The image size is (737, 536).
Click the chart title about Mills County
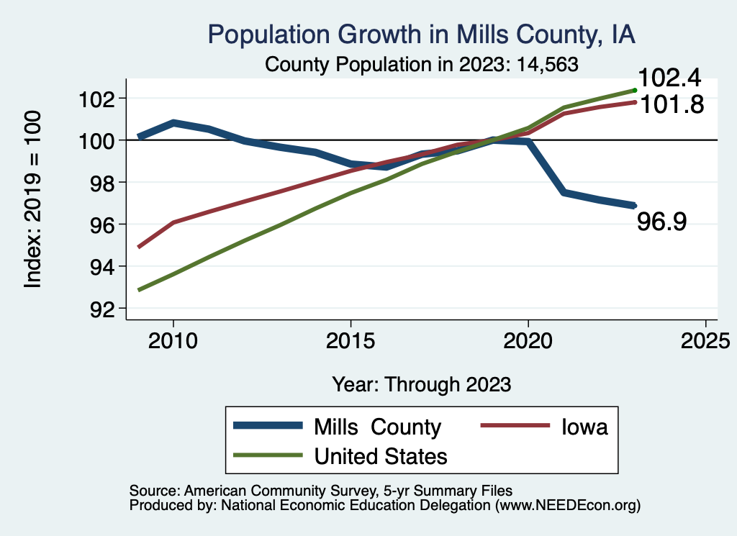(x=422, y=35)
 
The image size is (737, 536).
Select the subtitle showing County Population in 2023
(x=422, y=64)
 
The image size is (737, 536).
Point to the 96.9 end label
(x=662, y=222)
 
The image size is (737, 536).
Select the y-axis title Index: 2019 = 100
(x=33, y=200)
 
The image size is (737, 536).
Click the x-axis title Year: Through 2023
(x=422, y=384)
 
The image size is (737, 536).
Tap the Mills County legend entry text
(x=377, y=427)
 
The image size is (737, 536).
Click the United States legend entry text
(x=381, y=455)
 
